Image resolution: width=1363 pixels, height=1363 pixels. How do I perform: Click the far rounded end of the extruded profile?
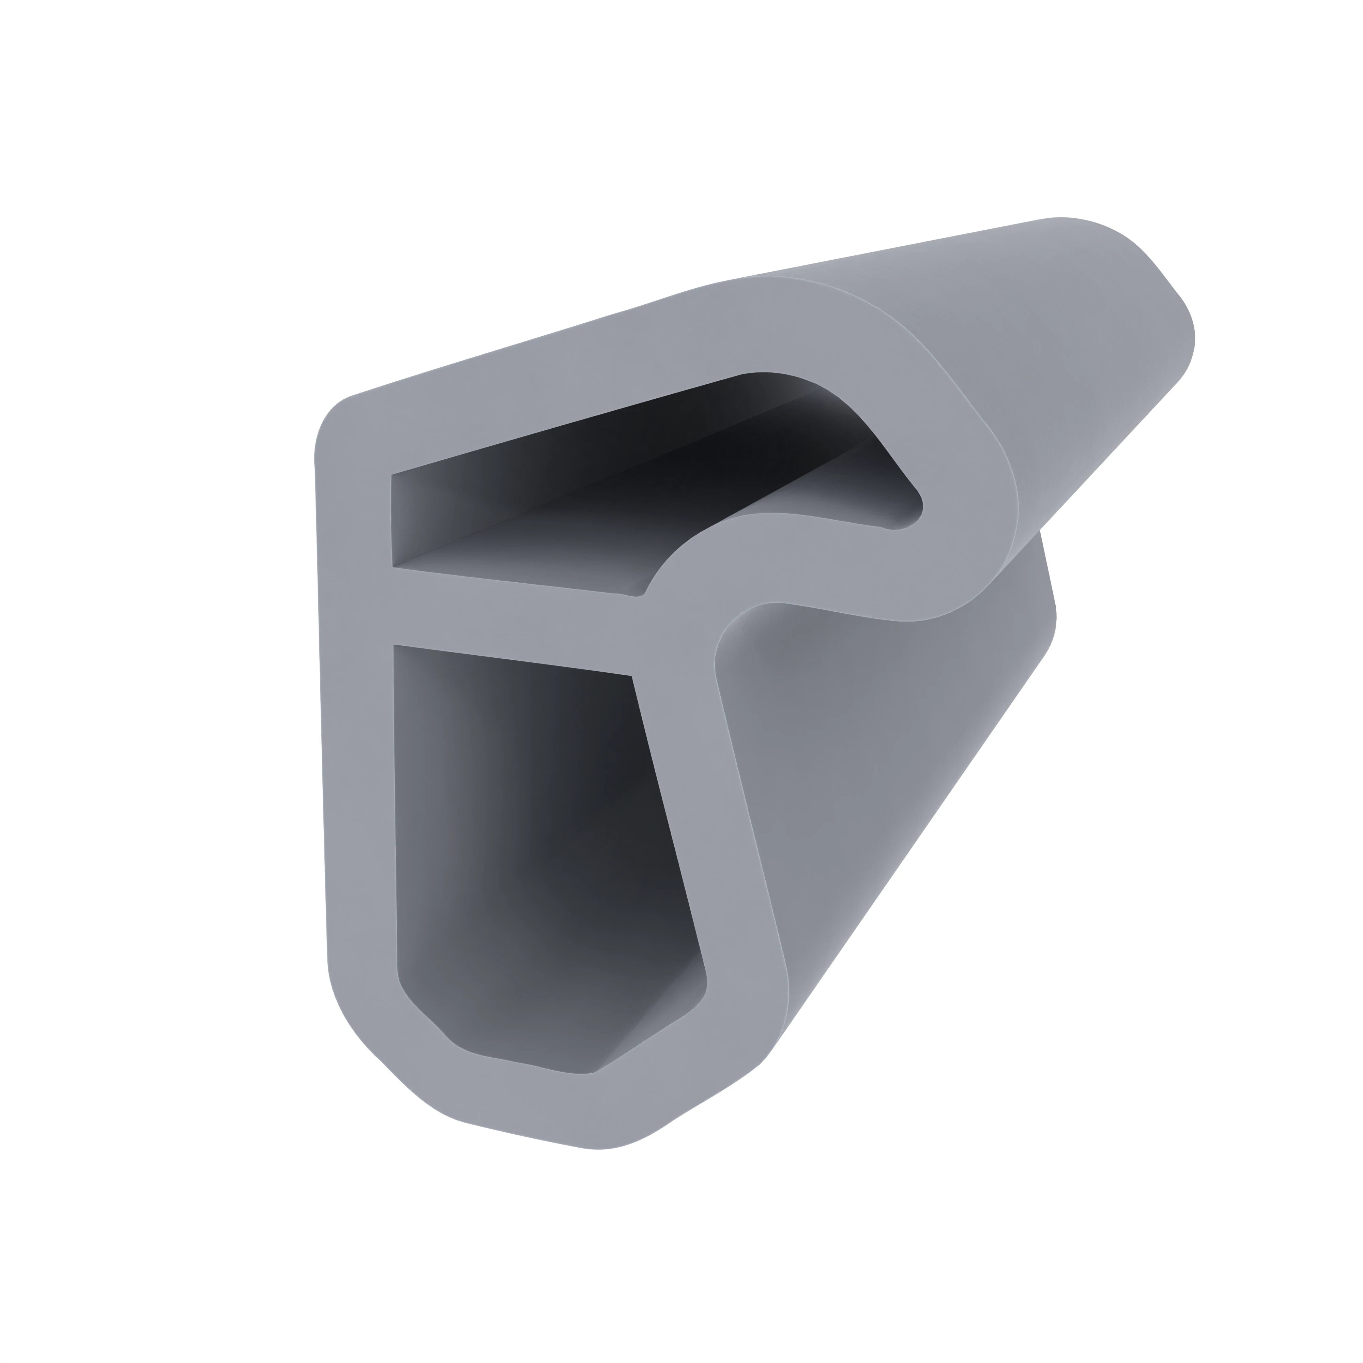[x=1157, y=296]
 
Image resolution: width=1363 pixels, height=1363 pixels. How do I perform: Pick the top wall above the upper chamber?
[x=564, y=381]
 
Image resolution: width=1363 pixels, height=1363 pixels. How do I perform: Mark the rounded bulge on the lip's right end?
[x=988, y=508]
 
